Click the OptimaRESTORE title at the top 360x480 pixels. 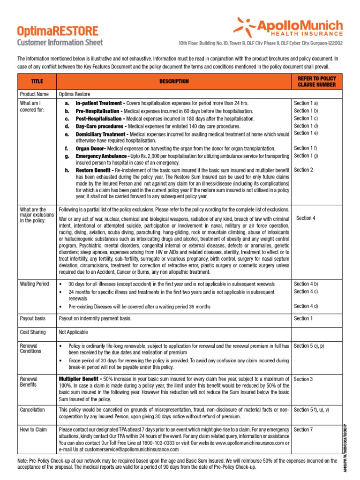58,31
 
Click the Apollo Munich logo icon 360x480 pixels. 246,26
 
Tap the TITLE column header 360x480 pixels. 37,81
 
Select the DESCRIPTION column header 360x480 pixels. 174,81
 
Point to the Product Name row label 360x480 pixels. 34,94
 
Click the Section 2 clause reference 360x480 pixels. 303,170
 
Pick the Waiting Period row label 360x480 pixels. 34,284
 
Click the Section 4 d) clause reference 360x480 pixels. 306,306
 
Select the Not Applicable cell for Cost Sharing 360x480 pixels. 73,332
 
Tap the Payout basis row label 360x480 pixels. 33,318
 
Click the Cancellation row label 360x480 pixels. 33,410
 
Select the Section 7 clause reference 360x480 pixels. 303,429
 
